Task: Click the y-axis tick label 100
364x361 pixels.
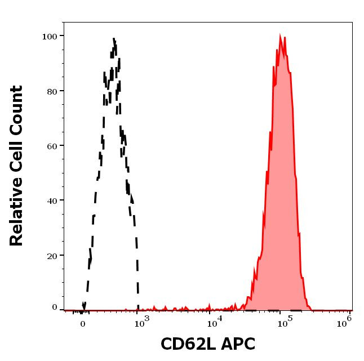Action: [x=50, y=37]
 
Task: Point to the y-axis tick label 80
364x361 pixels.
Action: [x=52, y=91]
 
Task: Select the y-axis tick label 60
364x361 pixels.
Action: [x=52, y=146]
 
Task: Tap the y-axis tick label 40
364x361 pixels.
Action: [x=52, y=200]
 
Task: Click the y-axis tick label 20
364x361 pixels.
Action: [x=52, y=256]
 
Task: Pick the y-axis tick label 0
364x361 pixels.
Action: [x=55, y=307]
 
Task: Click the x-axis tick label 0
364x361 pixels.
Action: [x=83, y=324]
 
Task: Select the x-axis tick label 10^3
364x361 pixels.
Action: [x=142, y=321]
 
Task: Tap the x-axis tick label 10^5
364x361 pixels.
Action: [x=286, y=321]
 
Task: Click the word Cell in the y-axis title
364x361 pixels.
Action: [x=17, y=159]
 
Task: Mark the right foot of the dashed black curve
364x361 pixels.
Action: [x=139, y=308]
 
